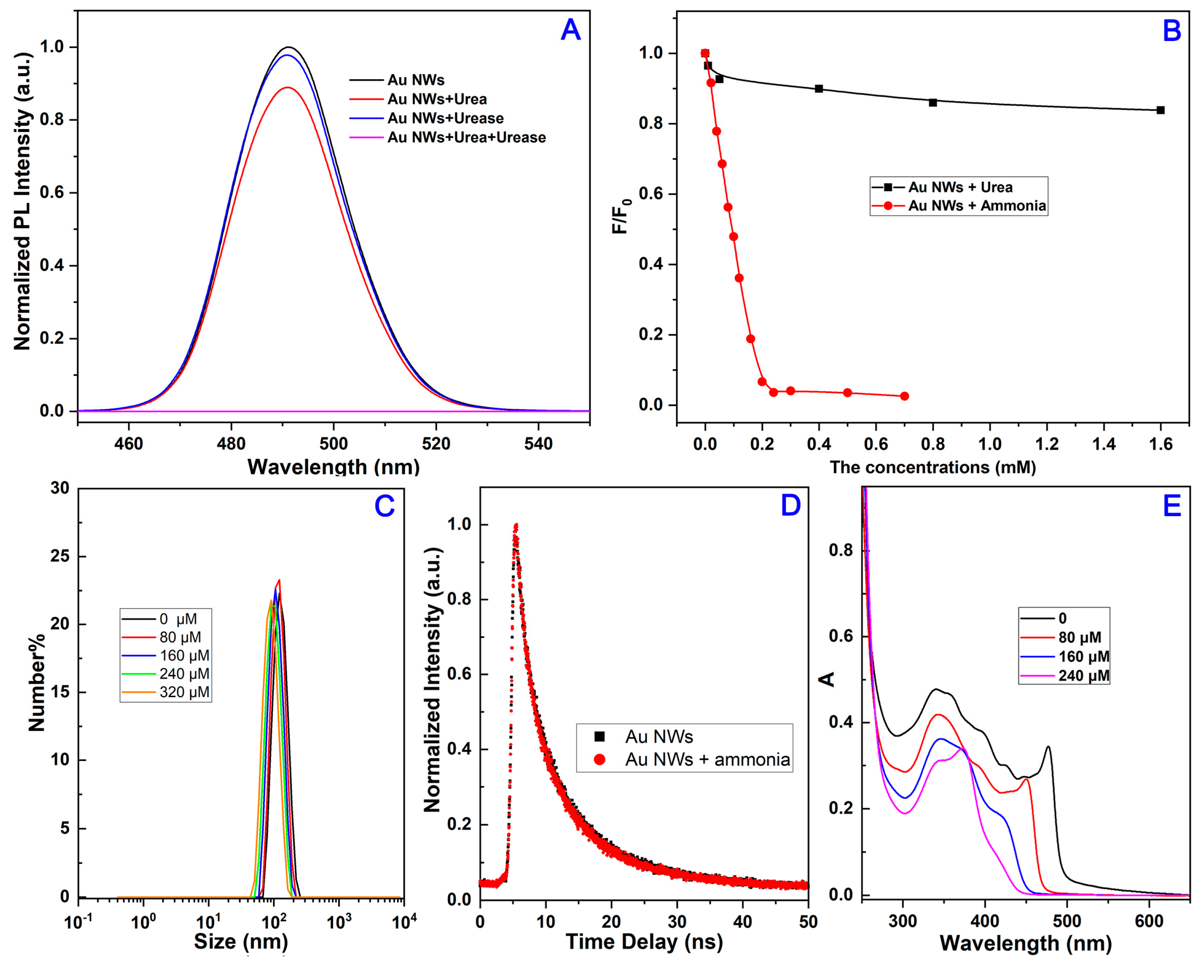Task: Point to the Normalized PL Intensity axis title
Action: [22, 201]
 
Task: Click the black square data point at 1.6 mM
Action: [1160, 110]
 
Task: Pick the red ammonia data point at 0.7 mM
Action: [904, 396]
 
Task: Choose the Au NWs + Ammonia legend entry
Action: [976, 205]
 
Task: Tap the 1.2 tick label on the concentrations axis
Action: [1047, 444]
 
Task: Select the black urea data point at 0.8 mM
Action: [933, 102]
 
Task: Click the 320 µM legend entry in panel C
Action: [184, 692]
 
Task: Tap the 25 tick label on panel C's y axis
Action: [60, 556]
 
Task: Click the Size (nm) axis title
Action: [241, 942]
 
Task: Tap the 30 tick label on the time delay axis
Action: [677, 921]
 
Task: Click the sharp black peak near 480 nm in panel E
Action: [1048, 748]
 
